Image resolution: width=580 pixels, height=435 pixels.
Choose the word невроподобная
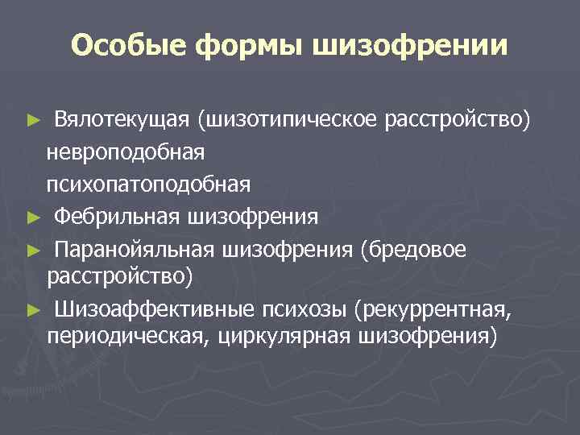126,152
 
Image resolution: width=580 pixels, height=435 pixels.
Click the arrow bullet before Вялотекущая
32,121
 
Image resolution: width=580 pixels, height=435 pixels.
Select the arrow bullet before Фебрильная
32,217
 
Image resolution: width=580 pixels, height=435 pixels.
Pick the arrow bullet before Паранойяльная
32,249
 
